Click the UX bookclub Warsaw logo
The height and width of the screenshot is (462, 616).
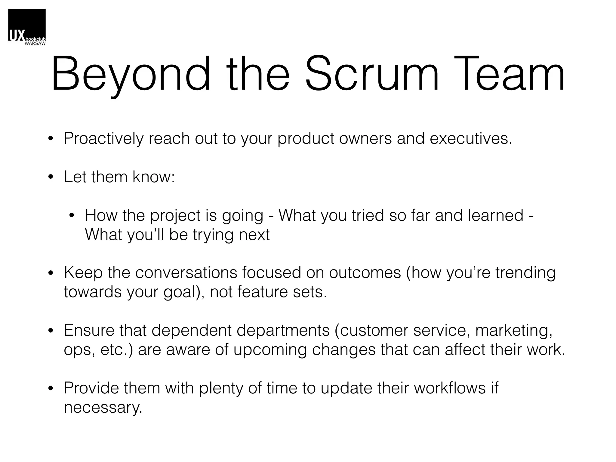pos(27,27)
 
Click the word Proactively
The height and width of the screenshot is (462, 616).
pos(104,139)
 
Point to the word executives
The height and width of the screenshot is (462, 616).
pos(471,139)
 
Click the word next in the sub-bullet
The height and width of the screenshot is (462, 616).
pos(254,235)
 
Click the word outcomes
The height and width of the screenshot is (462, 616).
pos(365,273)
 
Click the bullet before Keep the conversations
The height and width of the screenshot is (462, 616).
pos(51,273)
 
